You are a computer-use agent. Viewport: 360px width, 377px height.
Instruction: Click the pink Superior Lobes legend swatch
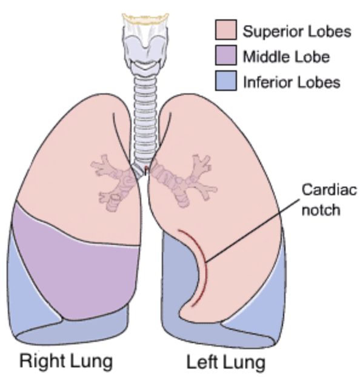click(225, 30)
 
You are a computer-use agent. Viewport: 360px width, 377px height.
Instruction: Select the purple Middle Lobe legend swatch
click(225, 55)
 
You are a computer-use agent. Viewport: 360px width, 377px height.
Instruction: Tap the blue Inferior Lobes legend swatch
click(225, 81)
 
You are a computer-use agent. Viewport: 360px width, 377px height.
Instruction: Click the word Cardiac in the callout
click(329, 190)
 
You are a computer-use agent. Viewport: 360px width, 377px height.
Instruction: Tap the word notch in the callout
click(321, 210)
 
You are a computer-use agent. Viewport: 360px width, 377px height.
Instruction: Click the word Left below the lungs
click(201, 362)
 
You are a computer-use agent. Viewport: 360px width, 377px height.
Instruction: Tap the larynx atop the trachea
click(145, 43)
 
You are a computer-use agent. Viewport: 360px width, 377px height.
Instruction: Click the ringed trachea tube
click(145, 120)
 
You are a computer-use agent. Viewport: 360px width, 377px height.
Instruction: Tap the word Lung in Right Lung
click(92, 362)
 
